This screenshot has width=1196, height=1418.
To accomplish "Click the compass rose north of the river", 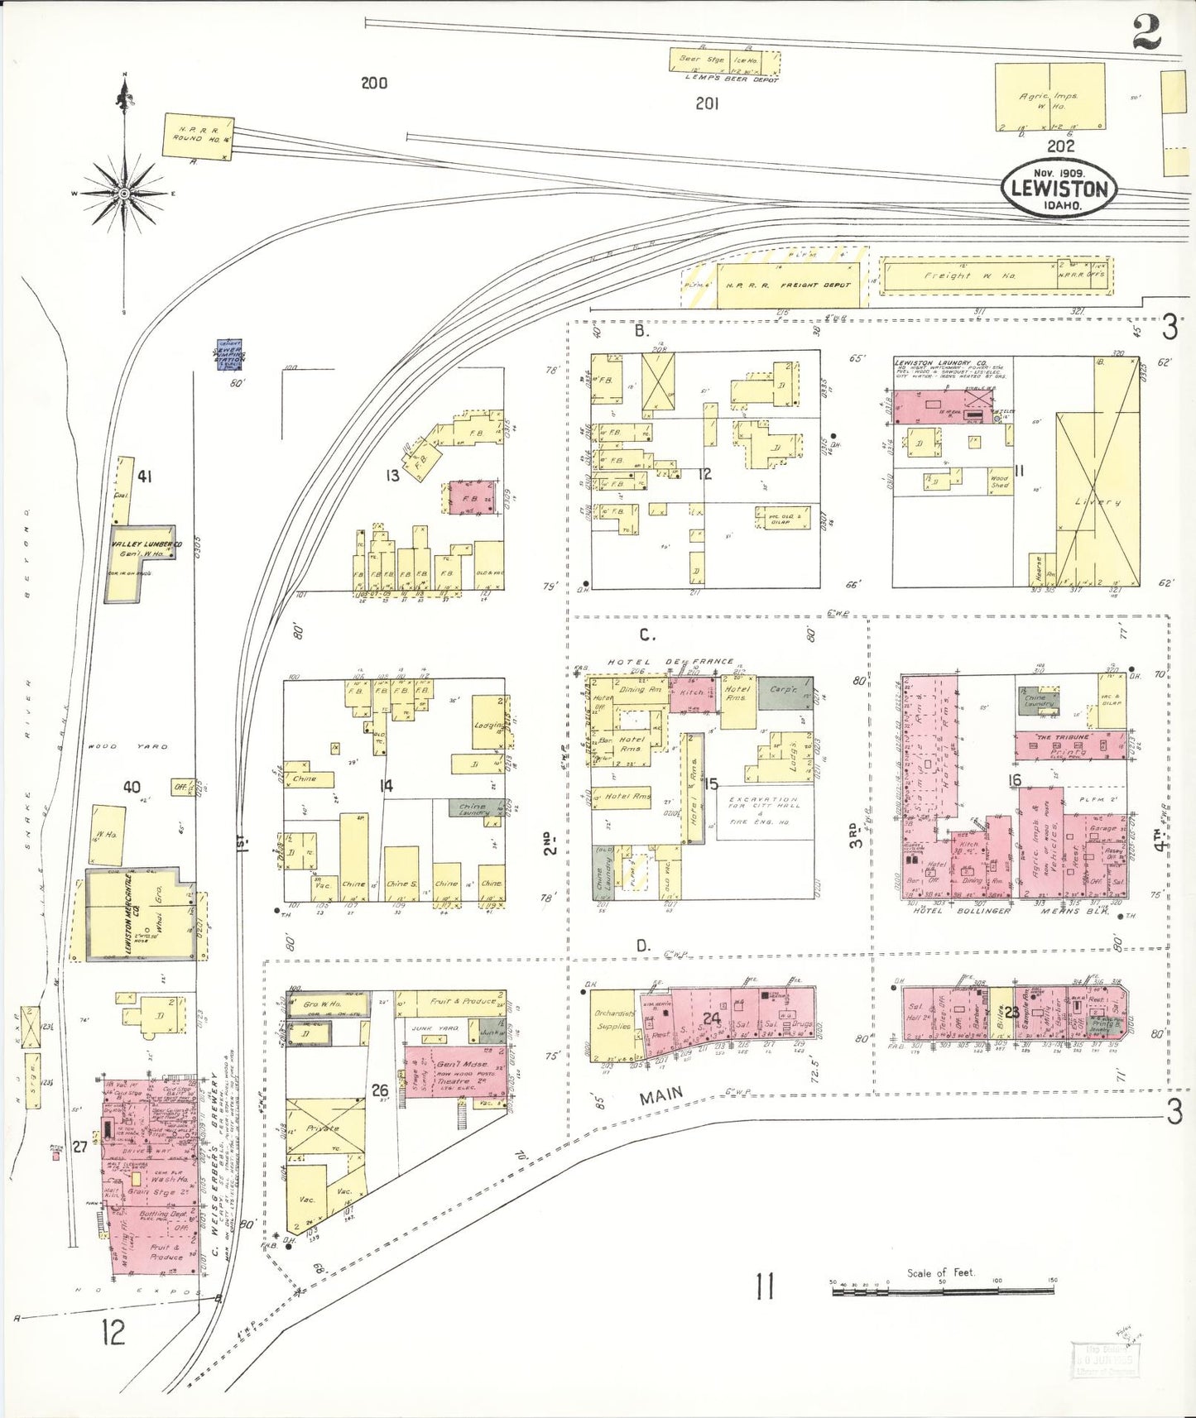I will (x=124, y=193).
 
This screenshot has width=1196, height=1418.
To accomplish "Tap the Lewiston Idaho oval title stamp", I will (x=1060, y=188).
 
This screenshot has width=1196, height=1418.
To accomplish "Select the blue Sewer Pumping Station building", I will (x=229, y=355).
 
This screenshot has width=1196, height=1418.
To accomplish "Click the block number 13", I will (x=391, y=475).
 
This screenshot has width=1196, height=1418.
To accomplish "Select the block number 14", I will (x=386, y=785).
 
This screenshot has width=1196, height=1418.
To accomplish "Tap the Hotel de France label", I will (x=670, y=662).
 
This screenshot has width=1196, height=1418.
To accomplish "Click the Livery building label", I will (x=1098, y=502).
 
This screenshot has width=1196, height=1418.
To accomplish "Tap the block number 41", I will (x=145, y=477).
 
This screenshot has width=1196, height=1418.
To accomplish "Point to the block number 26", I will (x=380, y=1090).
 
